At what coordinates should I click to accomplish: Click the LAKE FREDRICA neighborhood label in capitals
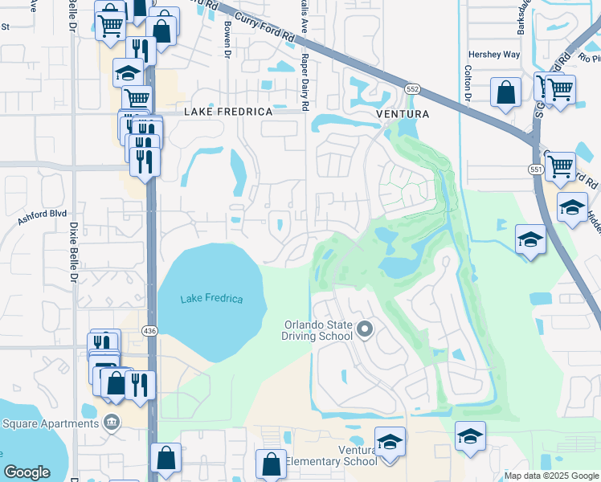pyautogui.click(x=228, y=112)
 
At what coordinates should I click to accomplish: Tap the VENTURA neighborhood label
pyautogui.click(x=403, y=114)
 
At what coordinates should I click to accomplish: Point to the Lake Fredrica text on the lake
pyautogui.click(x=211, y=299)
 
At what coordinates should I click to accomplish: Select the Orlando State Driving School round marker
pyautogui.click(x=366, y=329)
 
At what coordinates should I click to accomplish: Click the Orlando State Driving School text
pyautogui.click(x=317, y=330)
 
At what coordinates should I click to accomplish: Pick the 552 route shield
pyautogui.click(x=412, y=88)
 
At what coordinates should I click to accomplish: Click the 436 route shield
pyautogui.click(x=149, y=330)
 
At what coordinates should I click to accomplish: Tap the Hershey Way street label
pyautogui.click(x=494, y=55)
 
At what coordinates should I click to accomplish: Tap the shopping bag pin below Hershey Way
pyautogui.click(x=507, y=92)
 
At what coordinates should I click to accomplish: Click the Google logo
pyautogui.click(x=27, y=472)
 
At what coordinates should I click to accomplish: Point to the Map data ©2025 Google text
pyautogui.click(x=550, y=476)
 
